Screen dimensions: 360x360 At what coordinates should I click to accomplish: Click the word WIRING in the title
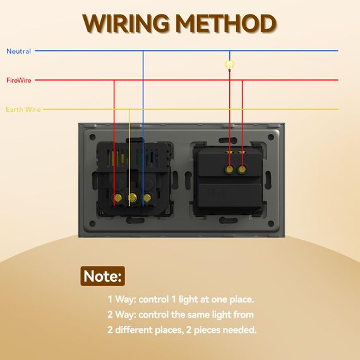(x=126, y=23)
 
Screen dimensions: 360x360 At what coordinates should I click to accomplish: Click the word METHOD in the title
(x=227, y=23)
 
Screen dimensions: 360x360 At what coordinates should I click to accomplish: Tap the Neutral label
(x=18, y=51)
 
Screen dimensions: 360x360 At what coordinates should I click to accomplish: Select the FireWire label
(x=19, y=80)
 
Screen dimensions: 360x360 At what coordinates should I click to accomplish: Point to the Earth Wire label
(x=23, y=109)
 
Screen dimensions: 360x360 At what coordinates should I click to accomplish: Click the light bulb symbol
(x=229, y=65)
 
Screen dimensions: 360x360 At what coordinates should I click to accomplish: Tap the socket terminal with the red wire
(x=117, y=197)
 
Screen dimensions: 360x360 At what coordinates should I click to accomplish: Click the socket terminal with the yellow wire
(x=133, y=197)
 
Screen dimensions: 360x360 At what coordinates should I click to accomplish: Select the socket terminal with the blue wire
(x=147, y=198)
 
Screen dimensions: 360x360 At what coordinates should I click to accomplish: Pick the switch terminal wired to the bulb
(x=229, y=169)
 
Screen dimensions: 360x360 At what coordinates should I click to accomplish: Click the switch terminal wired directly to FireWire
(x=242, y=169)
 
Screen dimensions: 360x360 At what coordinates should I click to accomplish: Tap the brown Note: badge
(x=102, y=276)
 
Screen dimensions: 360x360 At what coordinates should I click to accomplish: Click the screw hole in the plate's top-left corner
(x=92, y=137)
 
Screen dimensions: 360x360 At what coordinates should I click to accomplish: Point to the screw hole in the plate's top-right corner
(x=271, y=137)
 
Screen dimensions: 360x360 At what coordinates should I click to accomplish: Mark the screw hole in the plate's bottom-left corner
(x=92, y=224)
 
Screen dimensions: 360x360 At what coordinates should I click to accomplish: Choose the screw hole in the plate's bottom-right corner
(x=271, y=224)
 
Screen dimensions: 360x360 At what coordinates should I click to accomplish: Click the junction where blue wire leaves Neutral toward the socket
(x=143, y=51)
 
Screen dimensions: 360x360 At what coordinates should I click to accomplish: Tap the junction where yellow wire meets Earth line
(x=129, y=109)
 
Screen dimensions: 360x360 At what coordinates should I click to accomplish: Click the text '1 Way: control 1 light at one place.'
(x=181, y=299)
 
